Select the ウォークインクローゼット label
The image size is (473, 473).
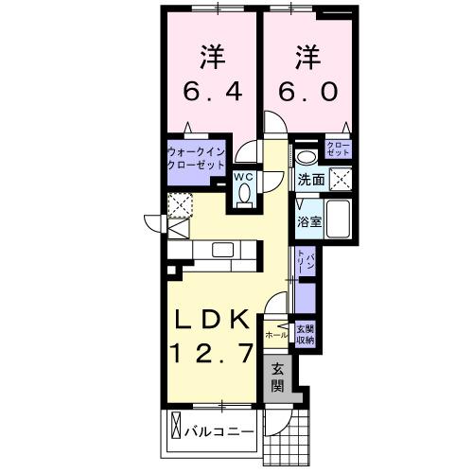pos(197,157)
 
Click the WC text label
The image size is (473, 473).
pos(243,177)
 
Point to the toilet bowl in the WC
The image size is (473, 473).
pos(244,194)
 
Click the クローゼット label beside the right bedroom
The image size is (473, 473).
pos(337,148)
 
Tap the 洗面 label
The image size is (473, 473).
pos(311,179)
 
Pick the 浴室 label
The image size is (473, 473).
pos(309,223)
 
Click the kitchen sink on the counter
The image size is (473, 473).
pos(223,250)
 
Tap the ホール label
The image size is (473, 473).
pos(277,335)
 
